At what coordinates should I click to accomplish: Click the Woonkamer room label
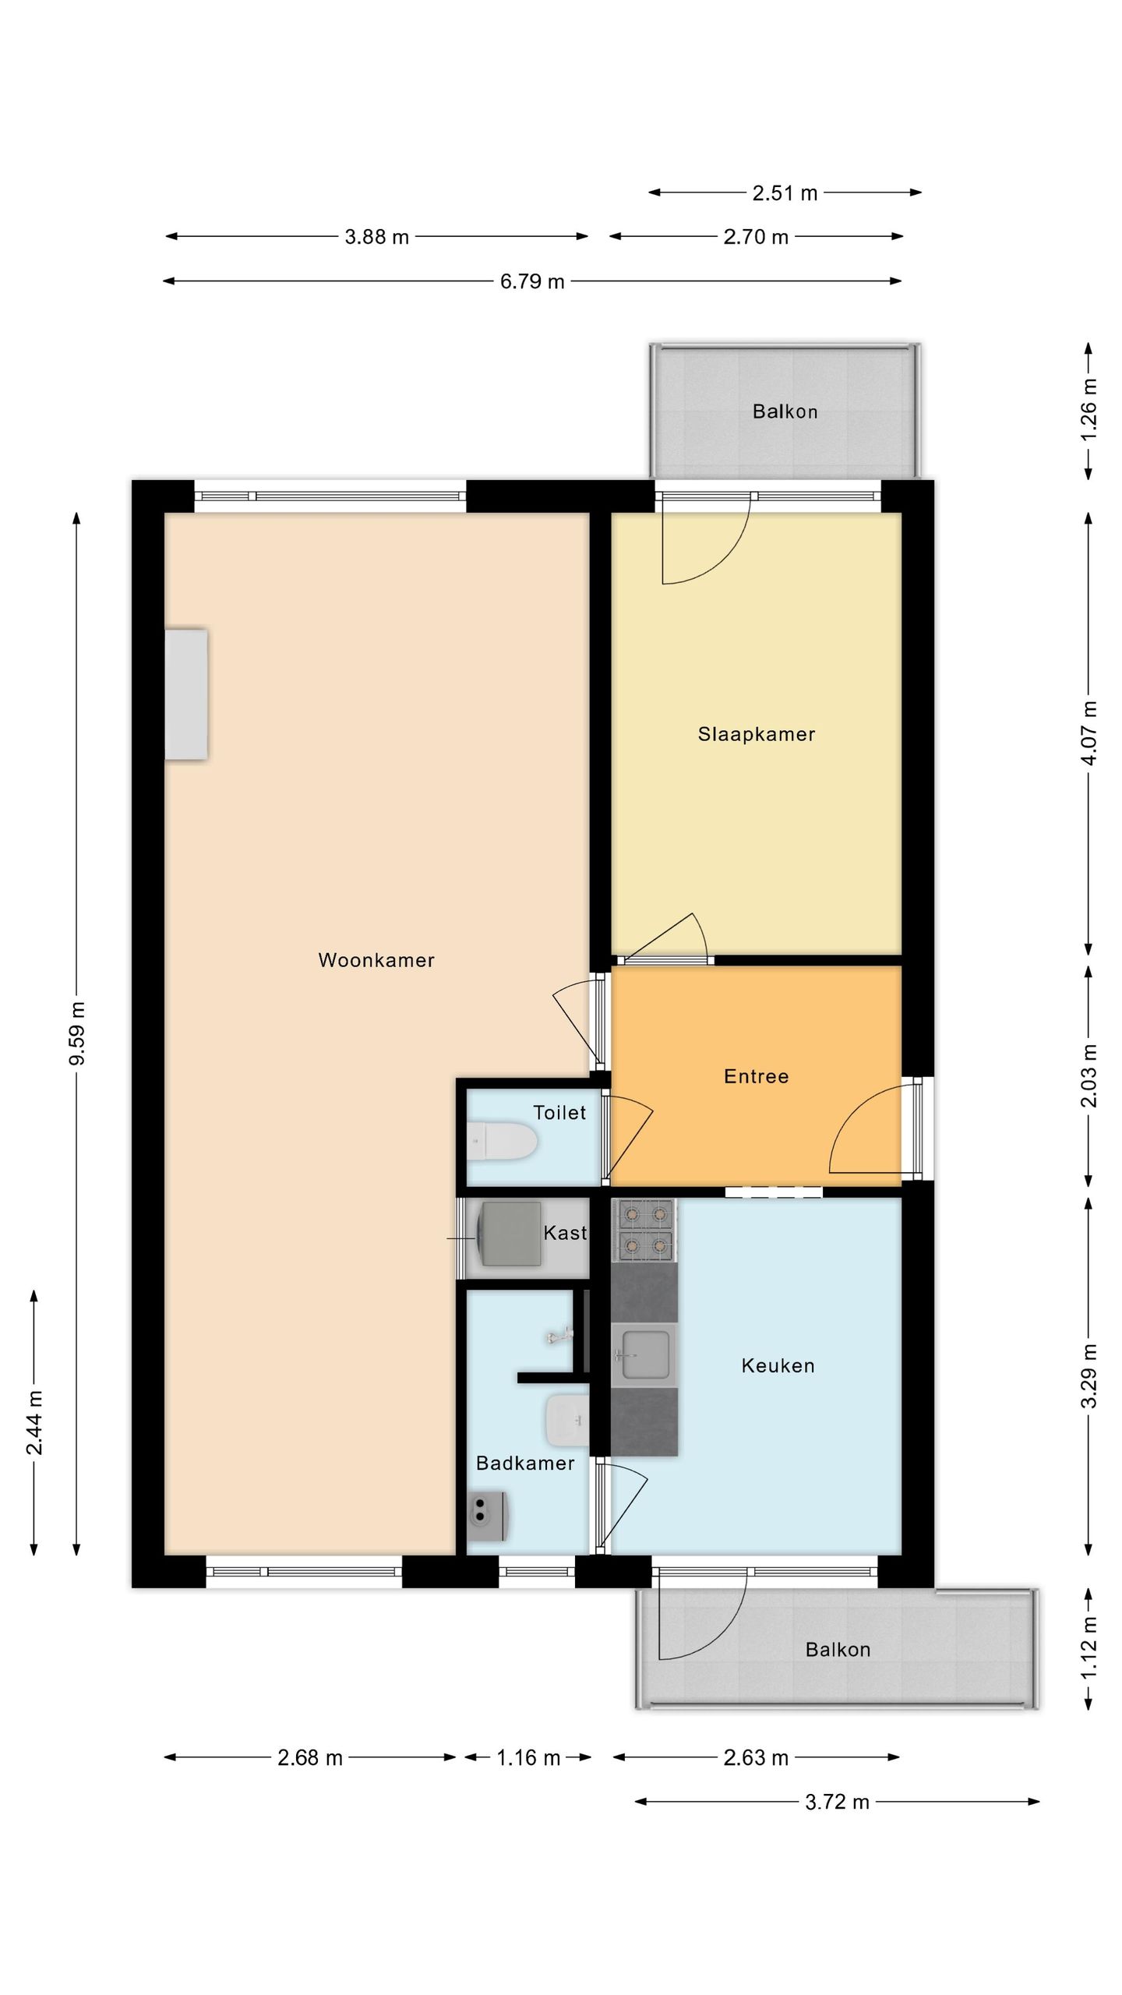click(376, 960)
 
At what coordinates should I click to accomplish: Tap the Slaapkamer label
click(757, 734)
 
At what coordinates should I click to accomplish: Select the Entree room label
click(757, 1076)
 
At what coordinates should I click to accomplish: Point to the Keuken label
click(778, 1365)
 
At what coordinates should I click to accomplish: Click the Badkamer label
click(525, 1464)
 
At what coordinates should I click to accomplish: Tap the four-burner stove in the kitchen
click(644, 1231)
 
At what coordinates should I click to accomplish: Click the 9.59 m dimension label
click(77, 1033)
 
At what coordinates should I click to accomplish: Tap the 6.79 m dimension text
click(532, 281)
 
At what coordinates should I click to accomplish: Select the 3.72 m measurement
click(837, 1802)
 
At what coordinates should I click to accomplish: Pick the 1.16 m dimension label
click(528, 1757)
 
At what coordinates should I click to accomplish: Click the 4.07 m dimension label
click(1089, 733)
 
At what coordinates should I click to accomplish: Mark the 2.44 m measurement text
click(34, 1422)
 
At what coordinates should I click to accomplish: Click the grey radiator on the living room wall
click(186, 694)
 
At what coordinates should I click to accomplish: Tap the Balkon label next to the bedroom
click(785, 411)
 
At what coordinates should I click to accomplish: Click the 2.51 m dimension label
click(785, 192)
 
